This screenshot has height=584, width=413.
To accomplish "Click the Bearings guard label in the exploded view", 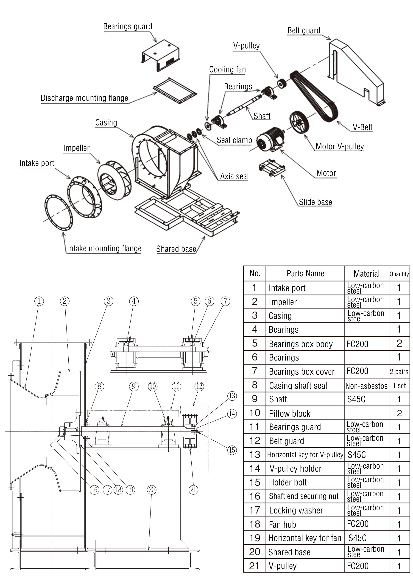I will click(x=128, y=26).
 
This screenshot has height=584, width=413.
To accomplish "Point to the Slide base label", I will click(x=315, y=202).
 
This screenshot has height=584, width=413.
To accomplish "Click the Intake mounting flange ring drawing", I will click(x=59, y=212).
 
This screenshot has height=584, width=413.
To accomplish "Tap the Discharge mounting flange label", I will click(x=84, y=98).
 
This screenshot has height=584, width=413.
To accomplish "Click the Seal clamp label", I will click(x=234, y=140).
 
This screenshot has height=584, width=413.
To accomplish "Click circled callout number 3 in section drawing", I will click(x=109, y=301).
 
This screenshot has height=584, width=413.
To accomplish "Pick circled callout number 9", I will click(x=134, y=386).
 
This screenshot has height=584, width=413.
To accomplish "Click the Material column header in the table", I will click(x=366, y=274).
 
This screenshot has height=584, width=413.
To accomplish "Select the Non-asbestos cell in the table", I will click(x=366, y=386).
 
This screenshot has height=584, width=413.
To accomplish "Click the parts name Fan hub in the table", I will click(x=282, y=525).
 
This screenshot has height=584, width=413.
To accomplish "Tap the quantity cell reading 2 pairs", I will click(x=399, y=372).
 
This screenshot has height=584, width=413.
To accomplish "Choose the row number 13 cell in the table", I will click(x=254, y=455).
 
